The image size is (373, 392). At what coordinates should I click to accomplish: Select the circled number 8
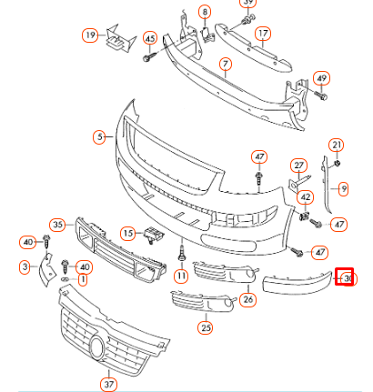tap(205, 12)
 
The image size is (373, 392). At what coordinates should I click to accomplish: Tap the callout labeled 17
tap(262, 35)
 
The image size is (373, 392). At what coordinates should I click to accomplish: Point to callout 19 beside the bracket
tap(90, 35)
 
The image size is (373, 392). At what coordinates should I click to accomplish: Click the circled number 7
tap(225, 65)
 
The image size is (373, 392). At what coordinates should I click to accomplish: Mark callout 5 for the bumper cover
tap(99, 138)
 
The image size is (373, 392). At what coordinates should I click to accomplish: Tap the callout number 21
tap(337, 146)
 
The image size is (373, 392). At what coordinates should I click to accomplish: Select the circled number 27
tap(297, 166)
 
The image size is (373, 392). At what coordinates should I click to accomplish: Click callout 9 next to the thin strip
tap(343, 189)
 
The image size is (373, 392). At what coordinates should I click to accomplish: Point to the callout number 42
tap(306, 196)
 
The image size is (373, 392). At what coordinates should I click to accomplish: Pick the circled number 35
tap(58, 224)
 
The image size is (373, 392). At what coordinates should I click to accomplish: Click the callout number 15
tap(128, 233)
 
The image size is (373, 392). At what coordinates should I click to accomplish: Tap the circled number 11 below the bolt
tap(181, 276)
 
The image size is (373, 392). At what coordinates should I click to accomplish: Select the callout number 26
tap(247, 298)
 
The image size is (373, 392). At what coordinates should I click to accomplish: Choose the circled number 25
tap(206, 327)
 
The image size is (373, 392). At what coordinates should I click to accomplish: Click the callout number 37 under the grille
tap(109, 383)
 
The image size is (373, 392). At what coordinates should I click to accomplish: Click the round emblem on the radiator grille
tap(96, 346)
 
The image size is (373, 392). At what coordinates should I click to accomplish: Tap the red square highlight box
tap(345, 276)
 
